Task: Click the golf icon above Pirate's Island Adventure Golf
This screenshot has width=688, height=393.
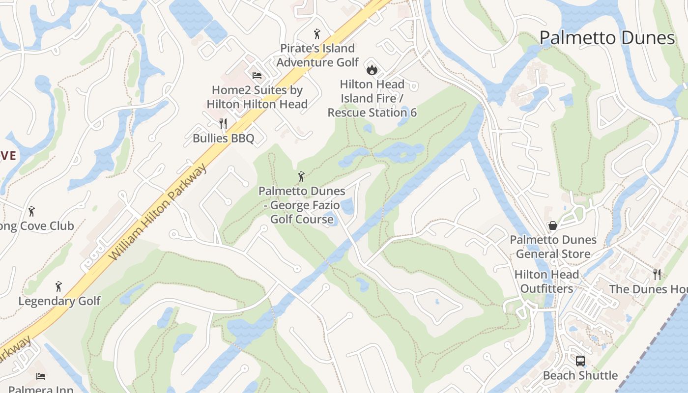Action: tap(317, 34)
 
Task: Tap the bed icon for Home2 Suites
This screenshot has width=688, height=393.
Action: tap(257, 76)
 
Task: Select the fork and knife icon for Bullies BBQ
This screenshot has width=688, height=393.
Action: tap(224, 123)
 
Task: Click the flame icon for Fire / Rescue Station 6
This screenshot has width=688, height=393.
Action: tap(372, 69)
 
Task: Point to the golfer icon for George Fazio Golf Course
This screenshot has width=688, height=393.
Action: tap(302, 176)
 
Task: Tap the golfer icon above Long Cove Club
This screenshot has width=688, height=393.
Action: tap(32, 211)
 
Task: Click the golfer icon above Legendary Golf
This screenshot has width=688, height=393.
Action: tap(59, 286)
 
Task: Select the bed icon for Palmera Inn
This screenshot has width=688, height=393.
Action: tap(41, 376)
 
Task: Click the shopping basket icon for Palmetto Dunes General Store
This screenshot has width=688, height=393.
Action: tap(553, 225)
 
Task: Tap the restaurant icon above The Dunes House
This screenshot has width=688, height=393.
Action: tap(657, 274)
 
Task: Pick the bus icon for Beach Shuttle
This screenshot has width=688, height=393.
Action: tap(580, 361)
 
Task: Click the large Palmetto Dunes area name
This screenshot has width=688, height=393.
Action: tap(607, 38)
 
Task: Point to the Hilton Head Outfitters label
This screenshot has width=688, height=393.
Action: tap(547, 281)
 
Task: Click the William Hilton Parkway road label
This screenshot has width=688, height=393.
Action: tap(158, 212)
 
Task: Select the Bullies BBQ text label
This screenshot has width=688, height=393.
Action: tap(224, 139)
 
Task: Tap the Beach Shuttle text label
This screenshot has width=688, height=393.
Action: tap(580, 376)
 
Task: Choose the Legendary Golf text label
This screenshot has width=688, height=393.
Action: tap(59, 301)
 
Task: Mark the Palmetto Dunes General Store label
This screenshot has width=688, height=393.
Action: tap(553, 247)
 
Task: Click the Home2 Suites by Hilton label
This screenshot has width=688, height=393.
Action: tap(257, 97)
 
